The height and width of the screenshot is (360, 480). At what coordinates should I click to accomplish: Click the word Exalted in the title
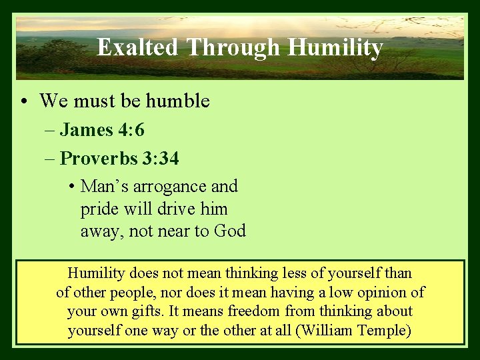point(137,47)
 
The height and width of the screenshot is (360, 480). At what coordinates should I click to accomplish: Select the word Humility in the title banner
point(335,47)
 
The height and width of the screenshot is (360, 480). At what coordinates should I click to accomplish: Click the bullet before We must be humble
point(23,101)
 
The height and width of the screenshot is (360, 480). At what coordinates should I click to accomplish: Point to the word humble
point(178,101)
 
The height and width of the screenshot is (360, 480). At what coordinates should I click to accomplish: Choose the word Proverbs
point(98,159)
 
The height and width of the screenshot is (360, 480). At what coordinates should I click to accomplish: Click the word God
point(230,231)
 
